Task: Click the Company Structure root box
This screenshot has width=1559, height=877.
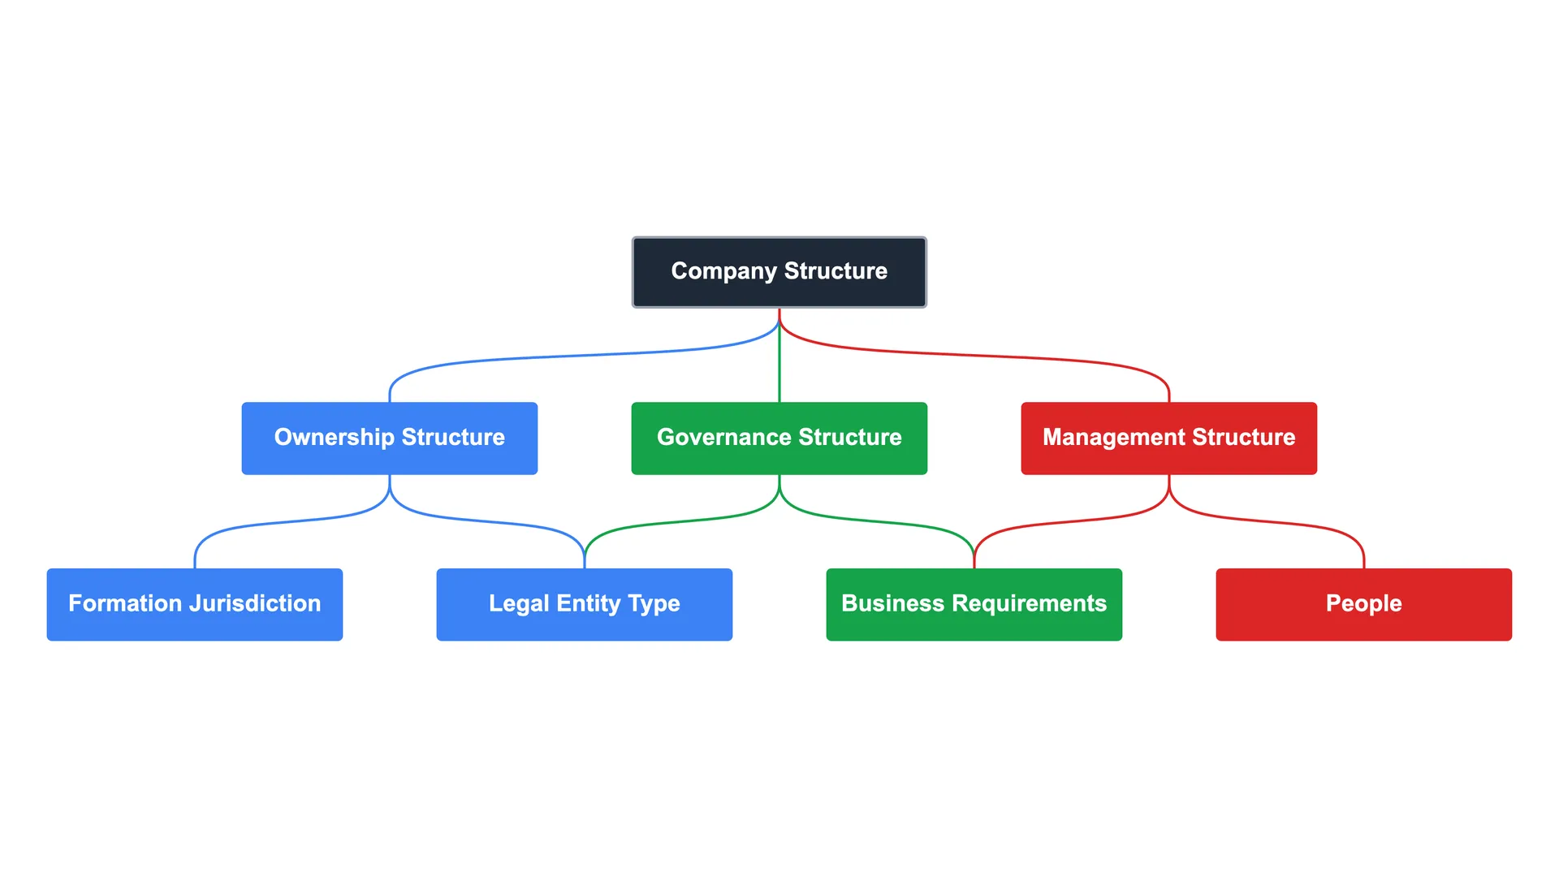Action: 779,272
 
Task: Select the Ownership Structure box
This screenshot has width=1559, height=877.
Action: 390,438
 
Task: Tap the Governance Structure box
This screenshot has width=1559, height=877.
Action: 779,438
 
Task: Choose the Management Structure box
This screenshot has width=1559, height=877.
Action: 1169,438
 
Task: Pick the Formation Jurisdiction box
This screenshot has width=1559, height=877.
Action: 195,605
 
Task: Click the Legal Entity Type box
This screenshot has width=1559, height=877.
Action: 585,605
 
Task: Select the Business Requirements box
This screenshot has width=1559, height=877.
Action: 974,605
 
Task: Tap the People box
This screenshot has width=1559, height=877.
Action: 1364,605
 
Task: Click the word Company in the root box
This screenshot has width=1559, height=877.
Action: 723,271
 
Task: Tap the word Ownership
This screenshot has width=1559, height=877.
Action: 334,437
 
